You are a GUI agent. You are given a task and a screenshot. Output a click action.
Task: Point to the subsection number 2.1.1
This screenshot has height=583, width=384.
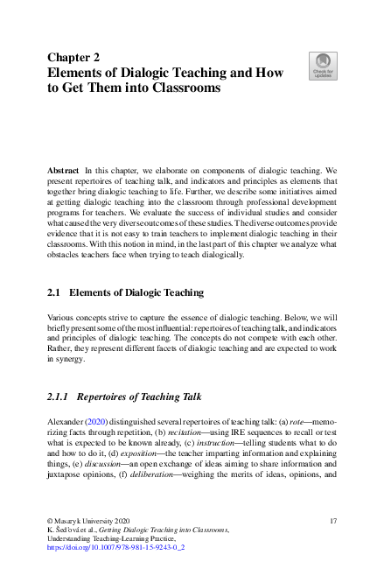[x=60, y=397]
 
